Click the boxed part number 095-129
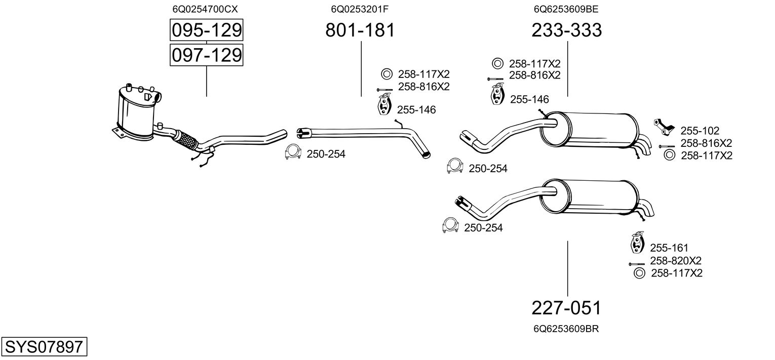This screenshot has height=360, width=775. (x=206, y=30)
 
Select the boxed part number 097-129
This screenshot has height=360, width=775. (x=206, y=55)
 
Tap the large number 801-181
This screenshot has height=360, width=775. (x=360, y=30)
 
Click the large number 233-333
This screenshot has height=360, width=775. (x=567, y=30)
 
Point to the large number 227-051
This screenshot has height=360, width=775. (x=567, y=308)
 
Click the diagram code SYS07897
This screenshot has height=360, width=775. (x=44, y=347)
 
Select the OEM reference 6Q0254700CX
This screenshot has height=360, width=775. (x=205, y=9)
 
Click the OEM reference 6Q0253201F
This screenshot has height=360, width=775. (x=360, y=9)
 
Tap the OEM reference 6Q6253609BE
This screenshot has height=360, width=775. (x=566, y=9)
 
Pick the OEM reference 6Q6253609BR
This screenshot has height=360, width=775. (x=566, y=329)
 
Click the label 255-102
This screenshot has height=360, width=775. (x=700, y=131)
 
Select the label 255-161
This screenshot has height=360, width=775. (x=669, y=248)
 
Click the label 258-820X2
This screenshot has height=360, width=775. (x=676, y=261)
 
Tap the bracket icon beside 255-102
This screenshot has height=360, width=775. (x=663, y=126)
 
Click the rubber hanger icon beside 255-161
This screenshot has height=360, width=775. (x=636, y=243)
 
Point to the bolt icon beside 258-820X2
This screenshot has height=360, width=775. (x=637, y=264)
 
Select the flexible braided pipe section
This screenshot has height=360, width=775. (x=186, y=140)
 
